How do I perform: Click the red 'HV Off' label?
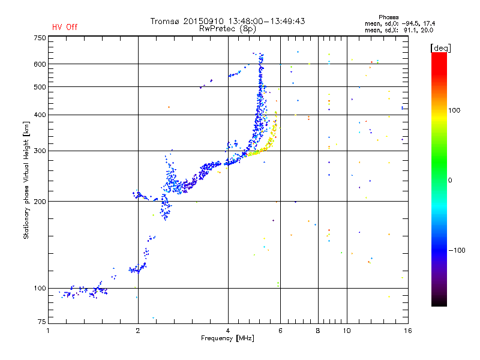(x=65, y=27)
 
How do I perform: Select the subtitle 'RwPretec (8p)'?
(x=227, y=29)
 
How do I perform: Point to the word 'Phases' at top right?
(x=388, y=17)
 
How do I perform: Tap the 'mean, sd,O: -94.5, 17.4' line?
(x=400, y=23)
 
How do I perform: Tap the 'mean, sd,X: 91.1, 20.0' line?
(x=399, y=30)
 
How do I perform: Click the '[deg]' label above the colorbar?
(x=440, y=48)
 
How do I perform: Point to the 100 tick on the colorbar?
(x=454, y=110)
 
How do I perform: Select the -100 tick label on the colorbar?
(x=457, y=250)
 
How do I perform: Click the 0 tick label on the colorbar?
(x=450, y=180)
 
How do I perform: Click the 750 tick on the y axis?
(x=40, y=38)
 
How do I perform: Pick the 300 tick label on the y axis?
(x=40, y=151)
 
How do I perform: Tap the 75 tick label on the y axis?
(x=42, y=322)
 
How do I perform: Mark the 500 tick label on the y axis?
(x=40, y=86)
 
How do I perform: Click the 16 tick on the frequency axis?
(x=408, y=331)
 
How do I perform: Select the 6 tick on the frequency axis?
(x=280, y=331)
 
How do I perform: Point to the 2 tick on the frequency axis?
(x=138, y=331)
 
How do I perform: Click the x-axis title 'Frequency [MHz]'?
(x=227, y=338)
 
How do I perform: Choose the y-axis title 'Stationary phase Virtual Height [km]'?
(x=26, y=180)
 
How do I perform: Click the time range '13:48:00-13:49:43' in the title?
(x=266, y=21)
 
